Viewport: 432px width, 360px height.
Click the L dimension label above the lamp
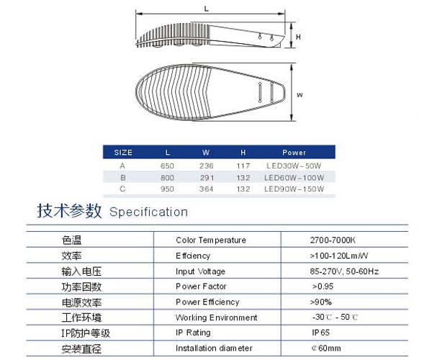pos(207,9)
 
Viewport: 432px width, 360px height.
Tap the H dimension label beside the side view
pos(298,37)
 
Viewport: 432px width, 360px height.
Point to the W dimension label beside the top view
pos(300,95)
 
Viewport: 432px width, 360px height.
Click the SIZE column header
pos(123,153)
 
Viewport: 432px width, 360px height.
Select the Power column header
pos(294,153)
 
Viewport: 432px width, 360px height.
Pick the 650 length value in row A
pos(167,166)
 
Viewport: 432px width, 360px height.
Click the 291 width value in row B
pos(207,178)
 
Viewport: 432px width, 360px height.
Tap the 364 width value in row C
pos(207,189)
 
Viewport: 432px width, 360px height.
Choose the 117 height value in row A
pos(243,166)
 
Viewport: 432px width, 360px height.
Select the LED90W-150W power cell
pos(294,189)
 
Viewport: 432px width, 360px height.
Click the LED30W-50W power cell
pos(294,166)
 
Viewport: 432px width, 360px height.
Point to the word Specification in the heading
pos(148,212)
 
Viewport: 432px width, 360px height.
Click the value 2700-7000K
pos(333,240)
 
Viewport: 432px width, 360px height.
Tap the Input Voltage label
pos(200,271)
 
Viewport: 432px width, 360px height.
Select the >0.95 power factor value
pos(323,287)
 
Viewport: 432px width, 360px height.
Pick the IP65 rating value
pos(320,333)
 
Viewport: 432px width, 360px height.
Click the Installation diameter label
pos(214,348)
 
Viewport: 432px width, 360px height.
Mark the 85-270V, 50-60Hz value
pos(344,271)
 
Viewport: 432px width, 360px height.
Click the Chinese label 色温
pos(71,240)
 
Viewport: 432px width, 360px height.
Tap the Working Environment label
pos(216,318)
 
